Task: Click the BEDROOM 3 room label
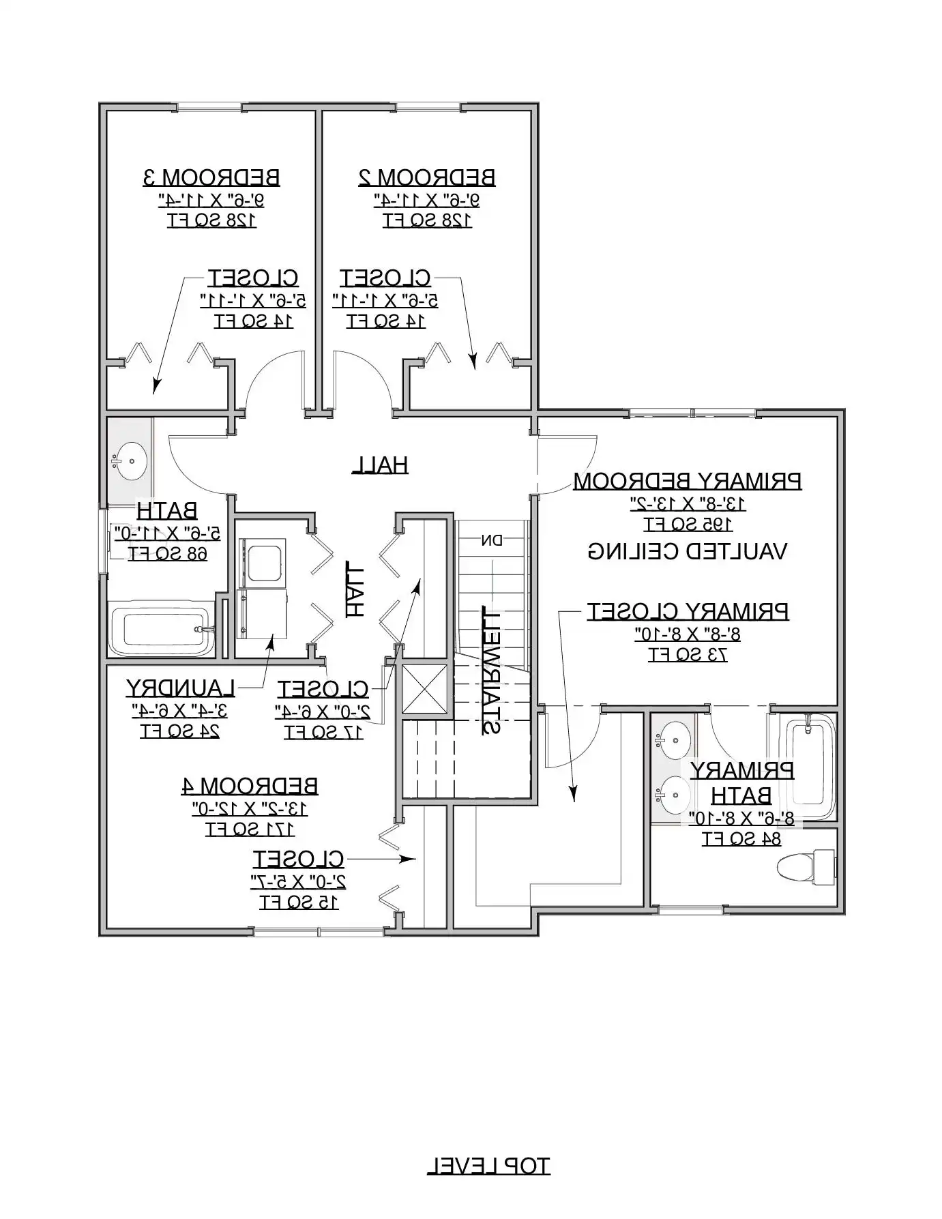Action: pyautogui.click(x=211, y=177)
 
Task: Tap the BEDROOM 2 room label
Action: pyautogui.click(x=427, y=177)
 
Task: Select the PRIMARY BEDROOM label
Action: pyautogui.click(x=688, y=481)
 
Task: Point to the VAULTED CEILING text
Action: pyautogui.click(x=688, y=551)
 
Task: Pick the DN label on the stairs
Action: pyautogui.click(x=492, y=541)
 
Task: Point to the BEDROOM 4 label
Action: pyautogui.click(x=250, y=786)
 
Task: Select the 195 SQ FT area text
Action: pyautogui.click(x=688, y=525)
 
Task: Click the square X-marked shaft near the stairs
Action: pyautogui.click(x=424, y=688)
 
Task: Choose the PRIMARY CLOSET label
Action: pyautogui.click(x=688, y=611)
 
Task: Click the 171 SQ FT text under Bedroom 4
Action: pyautogui.click(x=250, y=829)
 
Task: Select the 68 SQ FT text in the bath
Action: pyautogui.click(x=168, y=553)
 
